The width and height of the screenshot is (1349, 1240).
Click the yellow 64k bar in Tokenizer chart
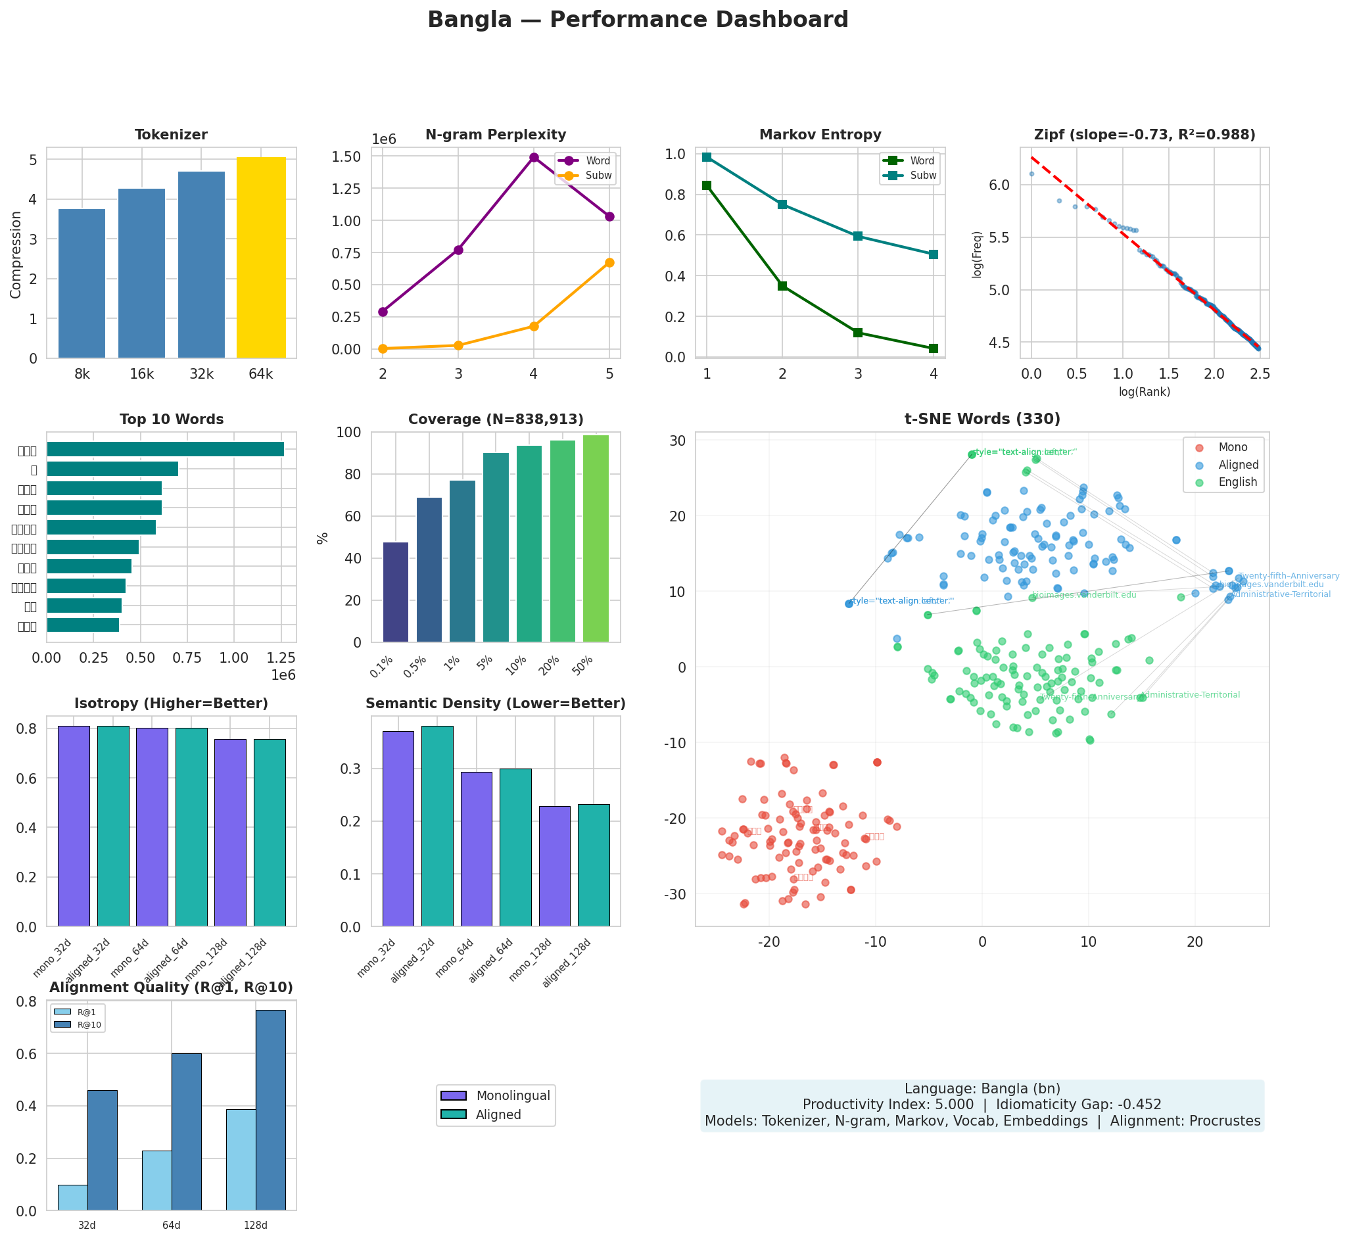261,258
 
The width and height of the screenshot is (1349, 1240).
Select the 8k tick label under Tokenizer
82,374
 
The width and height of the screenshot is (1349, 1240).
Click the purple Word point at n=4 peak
534,158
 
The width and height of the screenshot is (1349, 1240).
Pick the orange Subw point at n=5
609,262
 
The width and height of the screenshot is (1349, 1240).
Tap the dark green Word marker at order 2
782,286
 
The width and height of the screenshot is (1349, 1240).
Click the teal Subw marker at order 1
706,157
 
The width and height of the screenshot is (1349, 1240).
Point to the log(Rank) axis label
1145,392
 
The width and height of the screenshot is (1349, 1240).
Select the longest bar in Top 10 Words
165,449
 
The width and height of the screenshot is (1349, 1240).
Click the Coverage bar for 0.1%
396,592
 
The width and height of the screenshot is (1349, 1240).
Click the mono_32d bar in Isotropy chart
74,826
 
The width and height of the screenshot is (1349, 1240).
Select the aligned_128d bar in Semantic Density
594,865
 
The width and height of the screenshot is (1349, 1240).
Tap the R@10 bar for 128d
270,1110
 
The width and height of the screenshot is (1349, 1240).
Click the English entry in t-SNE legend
1238,482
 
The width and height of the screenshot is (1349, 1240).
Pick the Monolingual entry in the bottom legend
513,1096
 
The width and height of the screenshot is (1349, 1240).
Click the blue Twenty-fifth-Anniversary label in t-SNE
1289,576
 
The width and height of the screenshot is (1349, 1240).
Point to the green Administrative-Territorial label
1190,694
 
